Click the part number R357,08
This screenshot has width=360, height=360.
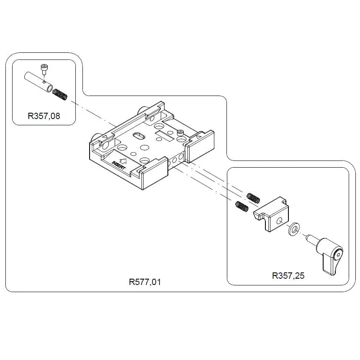pos(44,116)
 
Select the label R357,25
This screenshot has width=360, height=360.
pos(288,275)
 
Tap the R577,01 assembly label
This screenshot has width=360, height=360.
pos(145,282)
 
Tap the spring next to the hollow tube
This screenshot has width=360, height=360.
pos(61,95)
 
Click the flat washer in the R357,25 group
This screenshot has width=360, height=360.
pos(294,229)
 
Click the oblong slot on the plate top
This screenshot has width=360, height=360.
pos(138,136)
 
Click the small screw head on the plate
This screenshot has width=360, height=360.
pos(180,132)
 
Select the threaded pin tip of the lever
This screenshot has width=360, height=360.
pos(309,238)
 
